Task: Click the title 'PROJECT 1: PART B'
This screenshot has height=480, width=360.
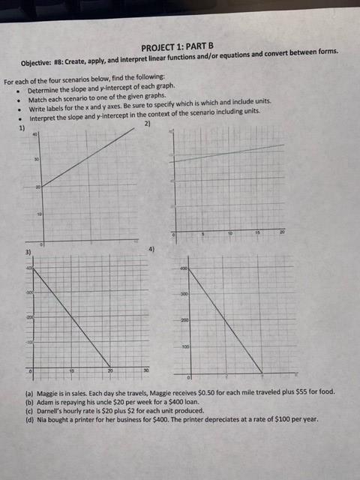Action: (177, 46)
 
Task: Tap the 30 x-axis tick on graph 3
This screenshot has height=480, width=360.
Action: (146, 372)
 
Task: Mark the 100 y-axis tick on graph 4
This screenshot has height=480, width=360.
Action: (183, 348)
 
